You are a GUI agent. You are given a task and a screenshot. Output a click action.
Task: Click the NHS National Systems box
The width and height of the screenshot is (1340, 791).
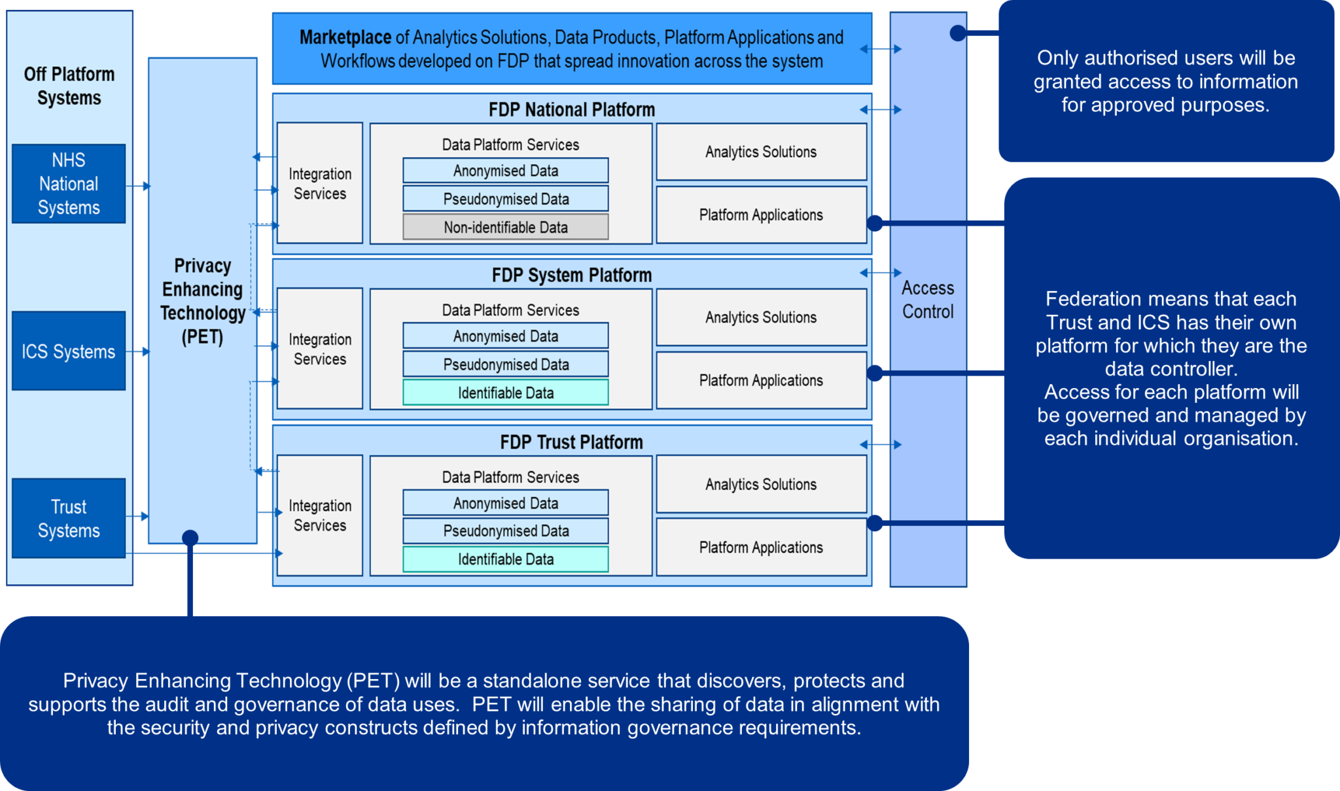point(69,184)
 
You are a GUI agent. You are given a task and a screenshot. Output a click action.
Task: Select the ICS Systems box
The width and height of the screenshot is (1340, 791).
point(69,351)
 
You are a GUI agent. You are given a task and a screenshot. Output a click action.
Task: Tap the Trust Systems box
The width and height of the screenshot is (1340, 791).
point(69,518)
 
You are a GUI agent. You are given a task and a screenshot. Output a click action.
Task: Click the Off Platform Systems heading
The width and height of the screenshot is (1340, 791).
point(69,86)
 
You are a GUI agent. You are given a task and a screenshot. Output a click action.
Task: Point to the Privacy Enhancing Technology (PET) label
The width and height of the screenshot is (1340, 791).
point(202,301)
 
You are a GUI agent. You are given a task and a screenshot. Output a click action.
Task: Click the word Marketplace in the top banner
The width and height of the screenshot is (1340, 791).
point(345,37)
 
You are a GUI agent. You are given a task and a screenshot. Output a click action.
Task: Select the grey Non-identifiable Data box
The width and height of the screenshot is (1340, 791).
point(505,227)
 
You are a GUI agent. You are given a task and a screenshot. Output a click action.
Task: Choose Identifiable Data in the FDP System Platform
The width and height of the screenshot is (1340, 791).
point(505,393)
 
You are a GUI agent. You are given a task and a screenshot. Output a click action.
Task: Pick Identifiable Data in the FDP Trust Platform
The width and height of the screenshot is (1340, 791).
point(505,559)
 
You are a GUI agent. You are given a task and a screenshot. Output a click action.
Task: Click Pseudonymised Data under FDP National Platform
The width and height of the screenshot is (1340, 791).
point(505,199)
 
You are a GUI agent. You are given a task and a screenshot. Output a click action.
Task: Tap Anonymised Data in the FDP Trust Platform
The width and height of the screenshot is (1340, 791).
point(505,503)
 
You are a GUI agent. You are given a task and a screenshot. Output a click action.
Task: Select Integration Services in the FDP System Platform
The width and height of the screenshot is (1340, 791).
point(320,349)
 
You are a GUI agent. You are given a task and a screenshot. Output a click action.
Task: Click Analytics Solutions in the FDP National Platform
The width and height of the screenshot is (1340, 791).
point(761,152)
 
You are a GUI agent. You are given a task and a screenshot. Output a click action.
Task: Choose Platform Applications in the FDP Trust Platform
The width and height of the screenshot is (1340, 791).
point(761,547)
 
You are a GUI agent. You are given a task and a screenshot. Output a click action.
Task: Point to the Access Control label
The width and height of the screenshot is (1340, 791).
point(928,300)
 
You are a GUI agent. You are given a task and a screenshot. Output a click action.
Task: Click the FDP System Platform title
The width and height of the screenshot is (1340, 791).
point(571,275)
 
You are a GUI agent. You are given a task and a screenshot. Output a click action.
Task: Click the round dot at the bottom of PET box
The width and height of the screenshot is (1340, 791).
point(190,538)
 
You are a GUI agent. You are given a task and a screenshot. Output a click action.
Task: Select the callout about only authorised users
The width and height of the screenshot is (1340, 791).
point(1165,81)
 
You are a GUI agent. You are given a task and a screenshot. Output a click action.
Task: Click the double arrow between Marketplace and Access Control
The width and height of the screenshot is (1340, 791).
point(881,49)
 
